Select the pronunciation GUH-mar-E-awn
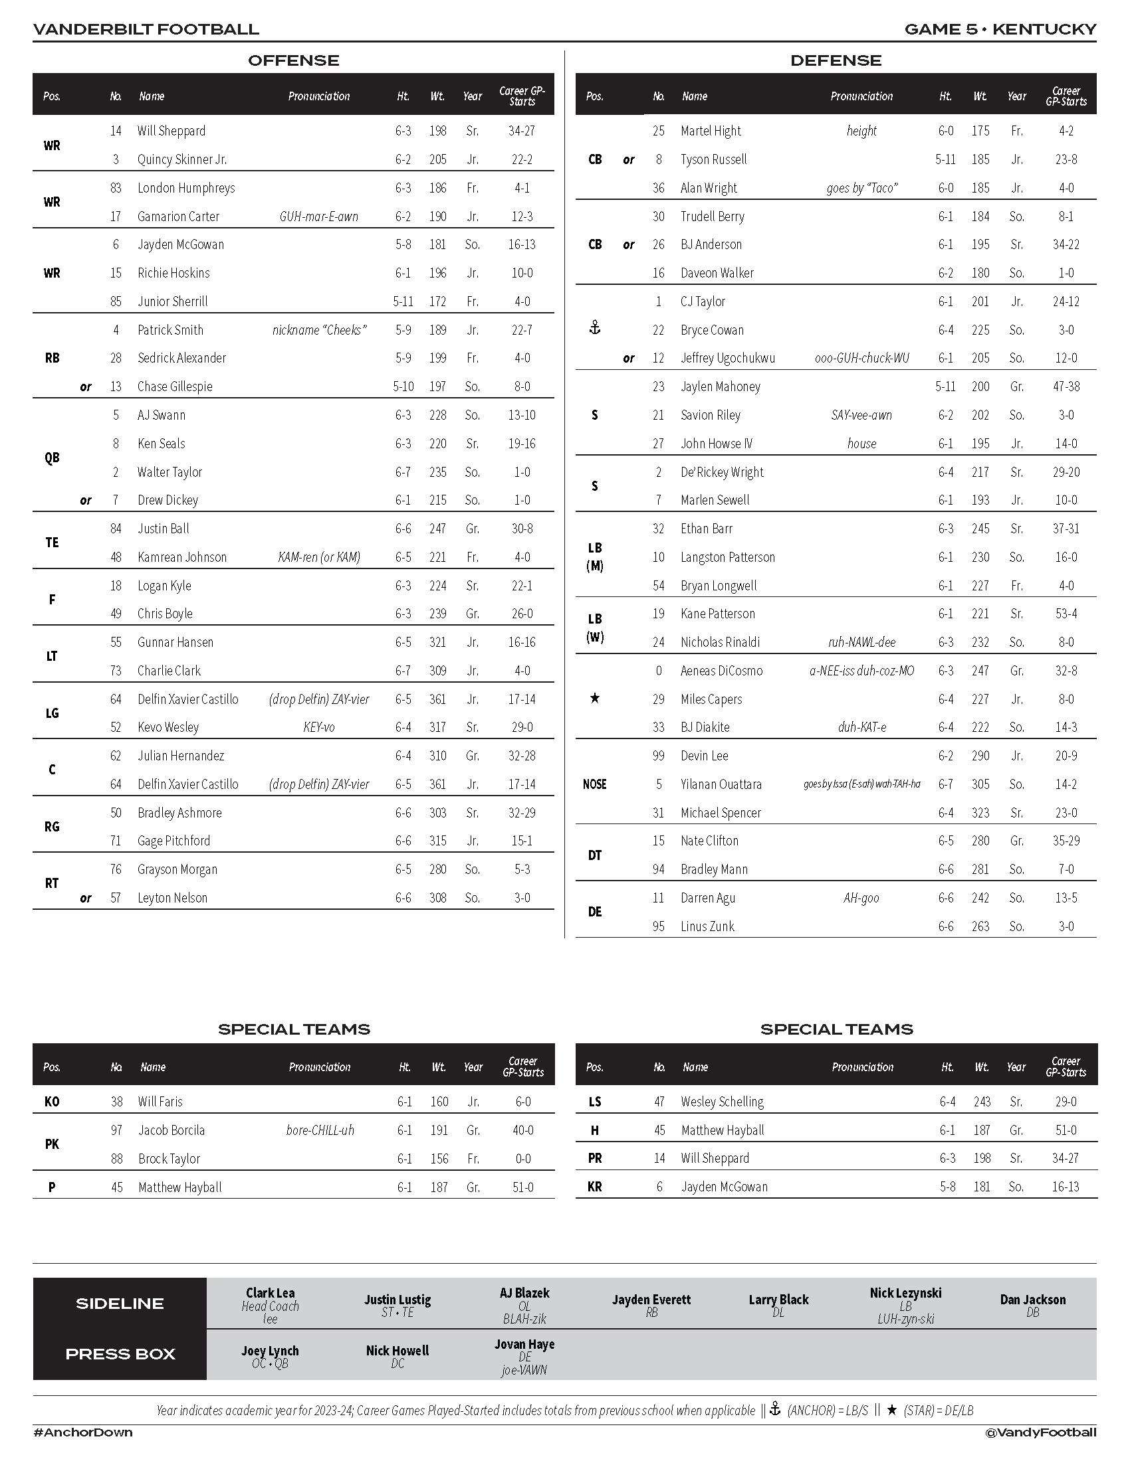(x=318, y=216)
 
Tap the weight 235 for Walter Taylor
(x=438, y=472)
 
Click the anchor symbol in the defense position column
(x=594, y=328)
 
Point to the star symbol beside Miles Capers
(x=594, y=699)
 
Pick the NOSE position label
(x=594, y=784)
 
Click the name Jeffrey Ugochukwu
(x=728, y=358)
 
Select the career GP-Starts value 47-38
(x=1066, y=387)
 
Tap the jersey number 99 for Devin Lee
(x=659, y=756)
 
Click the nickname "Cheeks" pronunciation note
(x=319, y=330)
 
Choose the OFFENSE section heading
(x=293, y=61)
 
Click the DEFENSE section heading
(x=836, y=61)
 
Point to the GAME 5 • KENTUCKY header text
(x=1000, y=29)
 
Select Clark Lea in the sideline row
(x=271, y=1293)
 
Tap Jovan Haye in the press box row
(x=525, y=1344)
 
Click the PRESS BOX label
(x=120, y=1354)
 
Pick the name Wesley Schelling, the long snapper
(x=723, y=1102)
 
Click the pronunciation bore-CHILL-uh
(x=320, y=1130)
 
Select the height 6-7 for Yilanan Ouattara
(x=945, y=784)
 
